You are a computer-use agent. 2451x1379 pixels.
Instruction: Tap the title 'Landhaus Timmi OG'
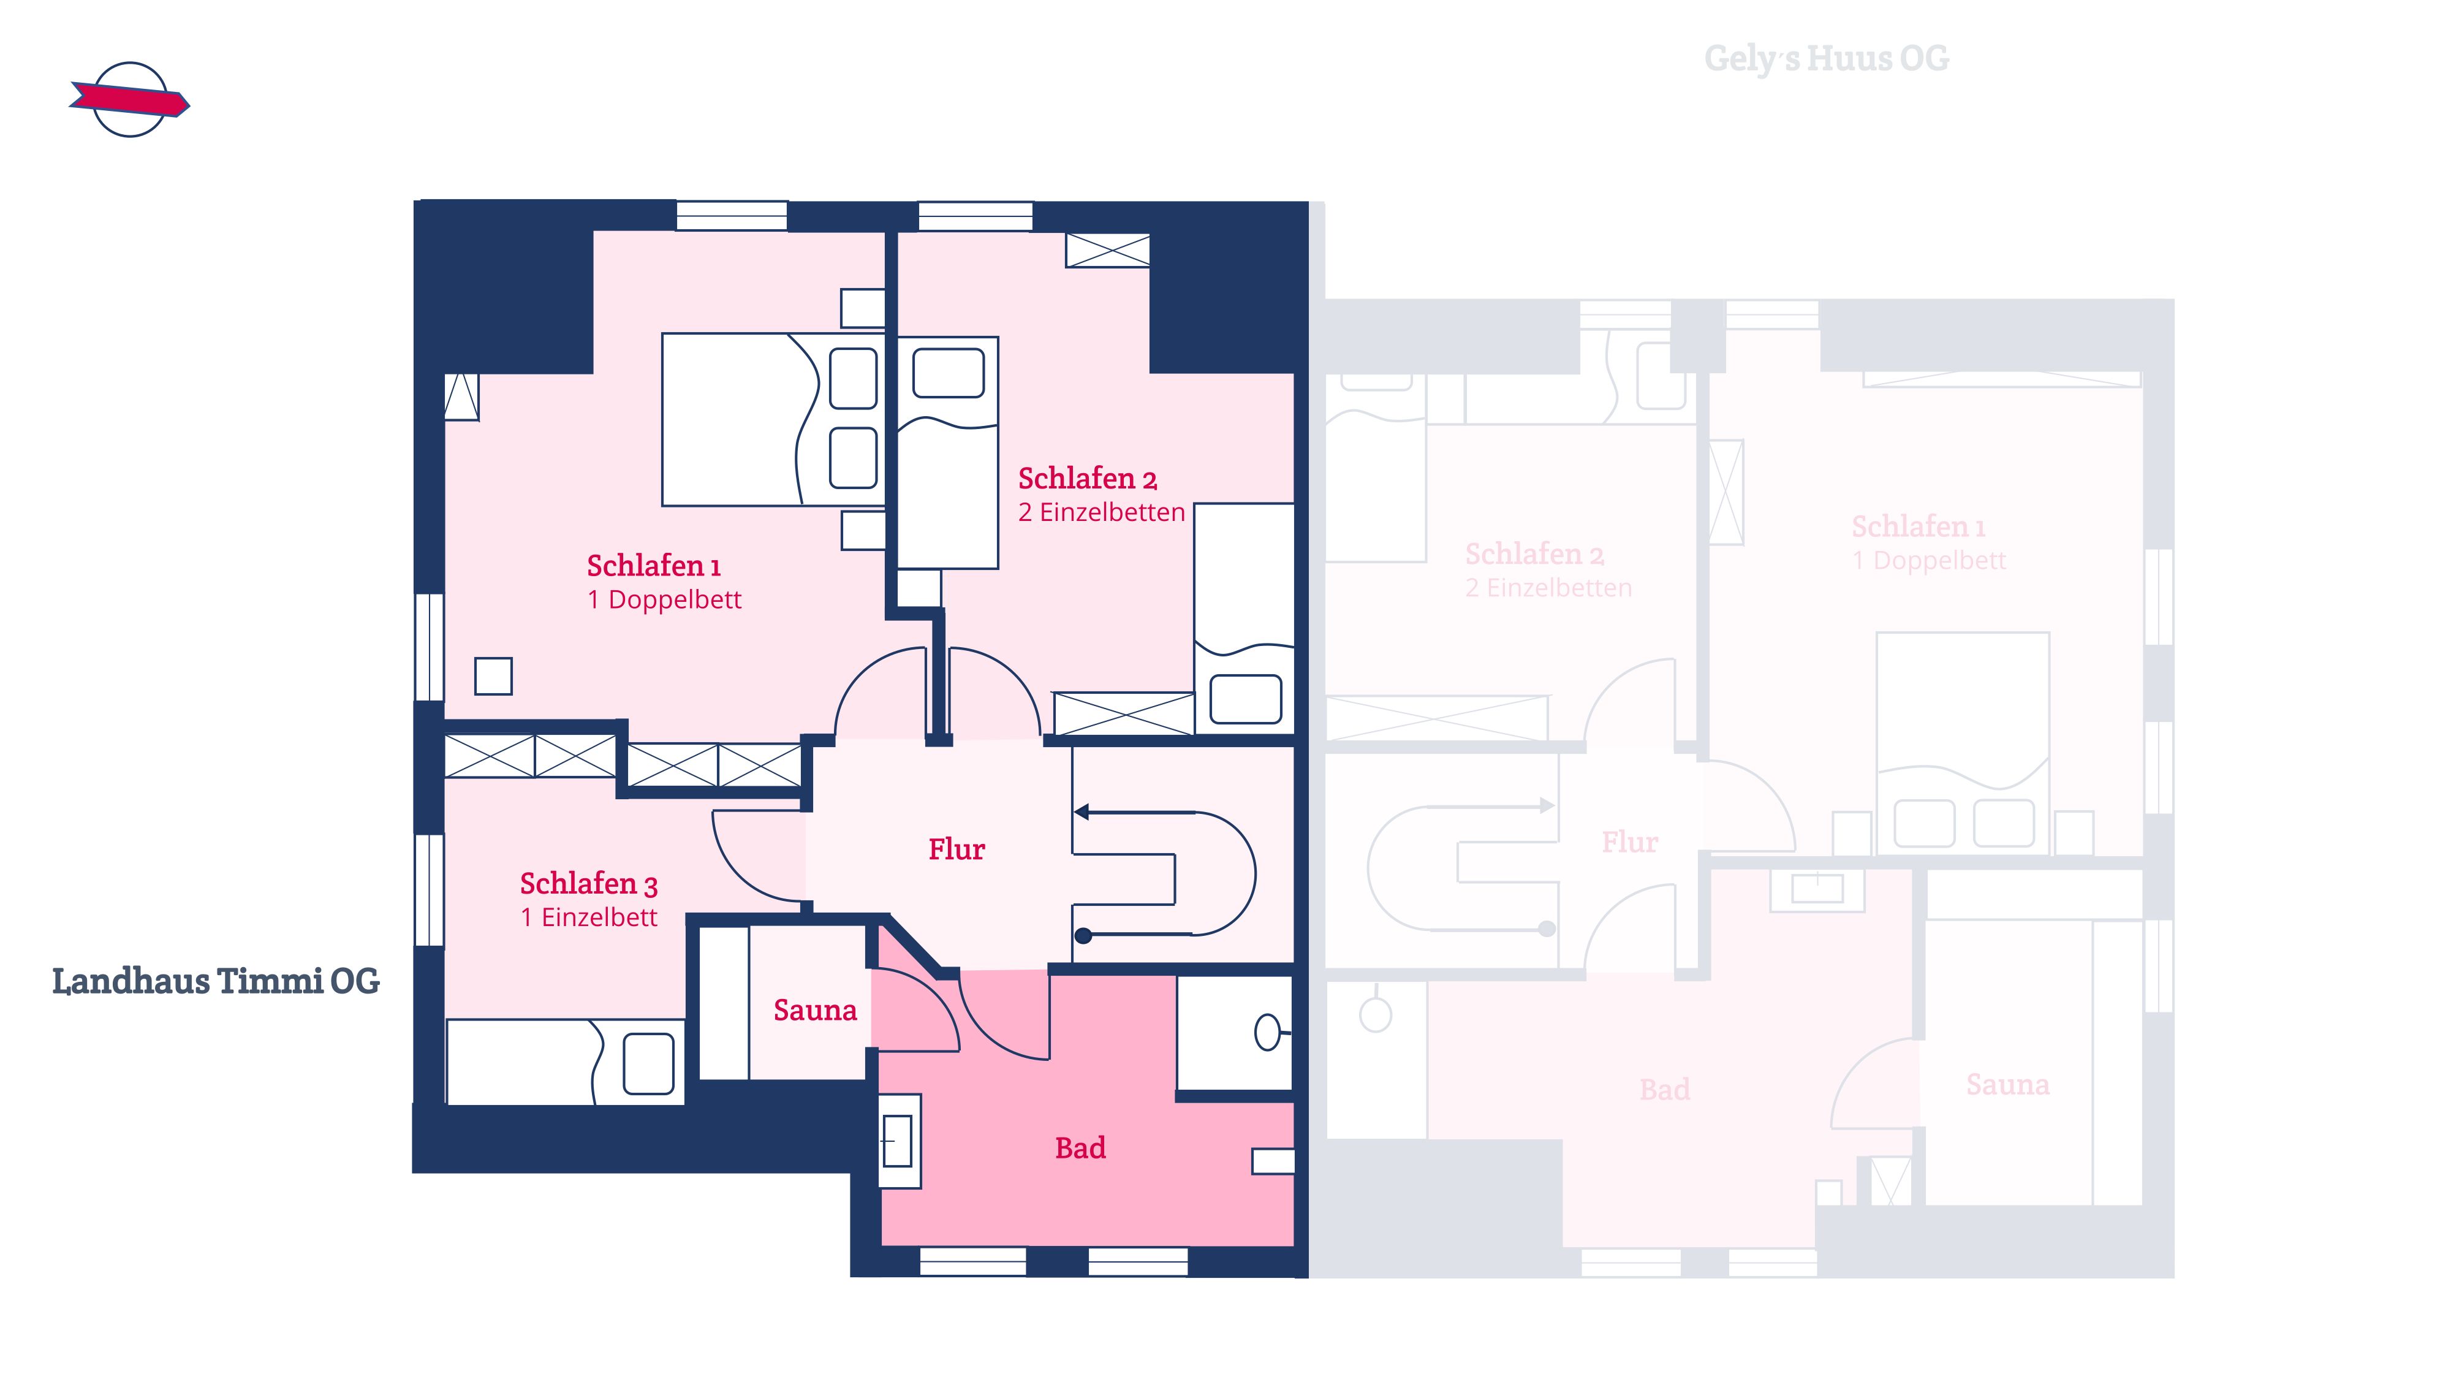pyautogui.click(x=216, y=981)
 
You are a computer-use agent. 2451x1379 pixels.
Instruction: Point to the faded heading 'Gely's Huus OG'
pyautogui.click(x=1826, y=59)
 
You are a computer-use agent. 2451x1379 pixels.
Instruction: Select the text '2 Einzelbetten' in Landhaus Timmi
pyautogui.click(x=1102, y=512)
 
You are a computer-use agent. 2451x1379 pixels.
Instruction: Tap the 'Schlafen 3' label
pyautogui.click(x=589, y=884)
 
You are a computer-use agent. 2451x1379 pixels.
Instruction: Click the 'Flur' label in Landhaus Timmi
pyautogui.click(x=957, y=849)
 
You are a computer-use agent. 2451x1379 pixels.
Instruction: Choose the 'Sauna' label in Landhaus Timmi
pyautogui.click(x=816, y=1010)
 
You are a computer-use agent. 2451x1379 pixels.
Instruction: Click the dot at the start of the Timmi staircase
pyautogui.click(x=1083, y=935)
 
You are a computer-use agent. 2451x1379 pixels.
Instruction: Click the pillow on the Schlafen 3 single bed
pyautogui.click(x=649, y=1063)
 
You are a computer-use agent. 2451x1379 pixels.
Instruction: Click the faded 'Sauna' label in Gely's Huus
pyautogui.click(x=2007, y=1085)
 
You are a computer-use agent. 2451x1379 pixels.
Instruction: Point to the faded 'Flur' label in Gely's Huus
pyautogui.click(x=1630, y=842)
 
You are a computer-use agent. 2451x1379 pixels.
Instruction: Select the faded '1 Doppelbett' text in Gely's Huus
pyautogui.click(x=1929, y=561)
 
